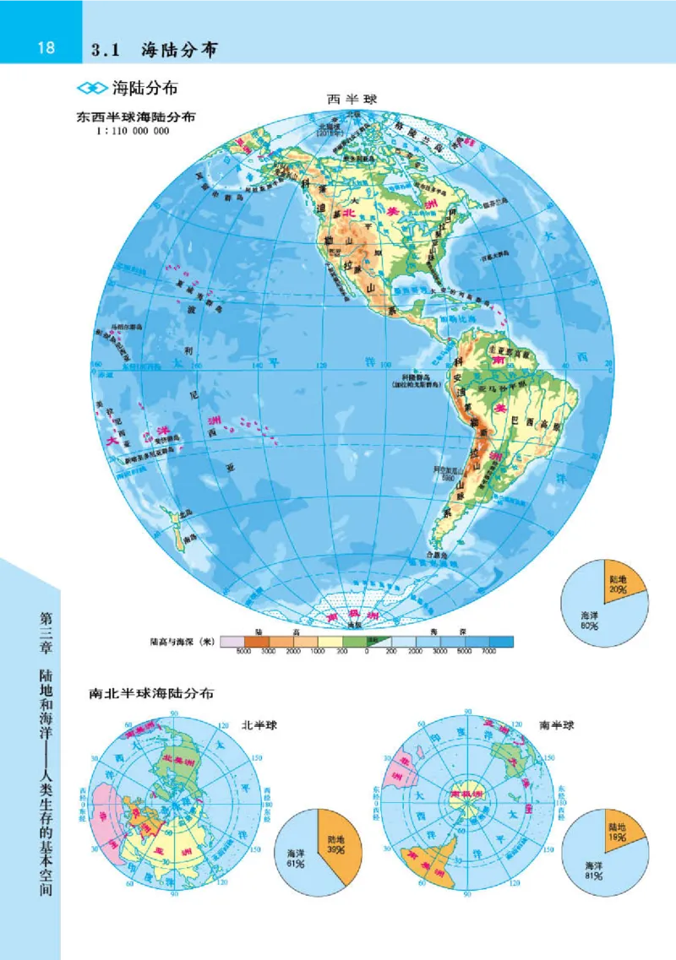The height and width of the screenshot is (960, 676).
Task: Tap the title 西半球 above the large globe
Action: click(352, 100)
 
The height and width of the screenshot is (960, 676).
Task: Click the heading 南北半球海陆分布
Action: click(151, 694)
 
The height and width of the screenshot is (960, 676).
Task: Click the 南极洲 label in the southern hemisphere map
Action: click(466, 795)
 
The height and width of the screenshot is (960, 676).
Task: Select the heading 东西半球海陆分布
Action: click(136, 117)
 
